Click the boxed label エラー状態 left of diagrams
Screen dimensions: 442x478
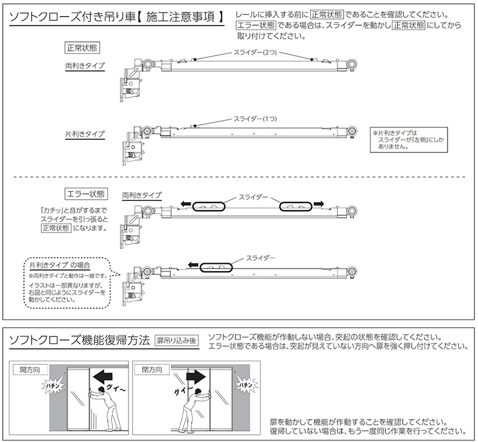pyautogui.click(x=84, y=194)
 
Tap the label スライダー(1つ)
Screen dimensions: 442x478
pyautogui.click(x=254, y=118)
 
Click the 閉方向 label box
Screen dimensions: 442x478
pyautogui.click(x=150, y=371)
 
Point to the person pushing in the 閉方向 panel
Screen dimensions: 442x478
pyautogui.click(x=191, y=407)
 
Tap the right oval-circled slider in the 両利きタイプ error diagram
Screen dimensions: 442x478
pyautogui.click(x=296, y=205)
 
